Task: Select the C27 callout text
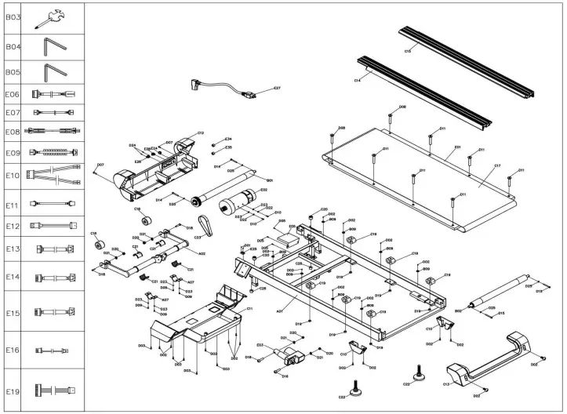tap(277, 89)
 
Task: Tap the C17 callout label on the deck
tap(497, 166)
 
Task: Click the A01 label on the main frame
tap(280, 310)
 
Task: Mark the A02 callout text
tap(202, 253)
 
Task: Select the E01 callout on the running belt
tap(457, 147)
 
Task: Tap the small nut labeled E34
tap(228, 139)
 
